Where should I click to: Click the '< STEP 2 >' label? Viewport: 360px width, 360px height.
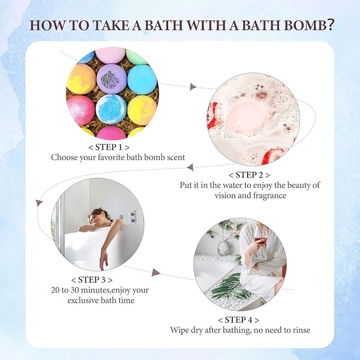tap(249, 174)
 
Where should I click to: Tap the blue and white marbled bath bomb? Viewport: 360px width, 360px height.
tap(111, 109)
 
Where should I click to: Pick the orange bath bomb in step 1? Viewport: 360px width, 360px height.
tap(81, 78)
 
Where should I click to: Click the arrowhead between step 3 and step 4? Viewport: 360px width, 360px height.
tap(156, 272)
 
